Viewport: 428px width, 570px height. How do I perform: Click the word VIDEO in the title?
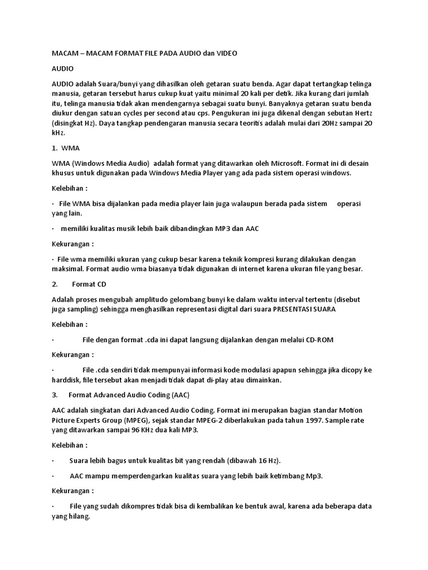tap(225, 53)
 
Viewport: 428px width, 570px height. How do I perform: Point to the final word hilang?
tap(77, 517)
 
